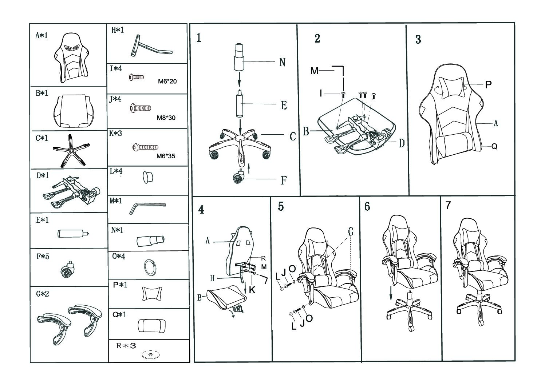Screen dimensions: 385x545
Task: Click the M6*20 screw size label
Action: pyautogui.click(x=167, y=81)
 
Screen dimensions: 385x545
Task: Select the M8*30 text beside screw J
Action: pyautogui.click(x=166, y=118)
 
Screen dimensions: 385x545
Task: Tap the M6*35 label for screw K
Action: pyautogui.click(x=166, y=156)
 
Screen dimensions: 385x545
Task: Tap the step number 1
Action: pyautogui.click(x=199, y=38)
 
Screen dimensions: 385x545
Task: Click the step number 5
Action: pyautogui.click(x=281, y=206)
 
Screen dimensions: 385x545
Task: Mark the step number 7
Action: pyautogui.click(x=448, y=205)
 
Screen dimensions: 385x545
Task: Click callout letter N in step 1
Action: pyautogui.click(x=282, y=62)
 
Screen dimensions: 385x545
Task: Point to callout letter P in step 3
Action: pyautogui.click(x=489, y=84)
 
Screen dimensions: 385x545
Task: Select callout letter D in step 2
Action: pyautogui.click(x=401, y=143)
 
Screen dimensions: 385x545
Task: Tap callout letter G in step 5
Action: pyautogui.click(x=351, y=231)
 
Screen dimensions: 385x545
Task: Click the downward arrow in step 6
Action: pyautogui.click(x=391, y=293)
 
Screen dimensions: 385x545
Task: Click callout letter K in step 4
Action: pyautogui.click(x=252, y=290)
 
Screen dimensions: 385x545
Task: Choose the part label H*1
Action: pyautogui.click(x=118, y=30)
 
